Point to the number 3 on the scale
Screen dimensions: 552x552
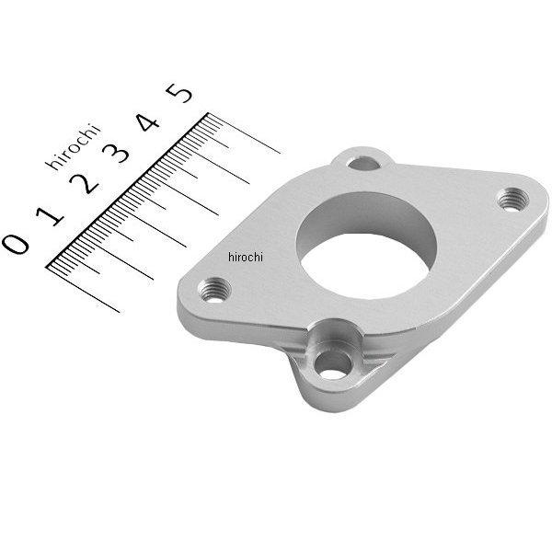point(119,153)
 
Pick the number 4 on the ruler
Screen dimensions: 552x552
point(149,122)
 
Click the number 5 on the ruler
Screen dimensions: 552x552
point(180,93)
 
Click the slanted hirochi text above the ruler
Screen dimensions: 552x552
point(74,146)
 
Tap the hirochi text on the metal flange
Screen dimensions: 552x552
point(243,258)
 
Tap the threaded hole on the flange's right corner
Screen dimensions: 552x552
point(512,197)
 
